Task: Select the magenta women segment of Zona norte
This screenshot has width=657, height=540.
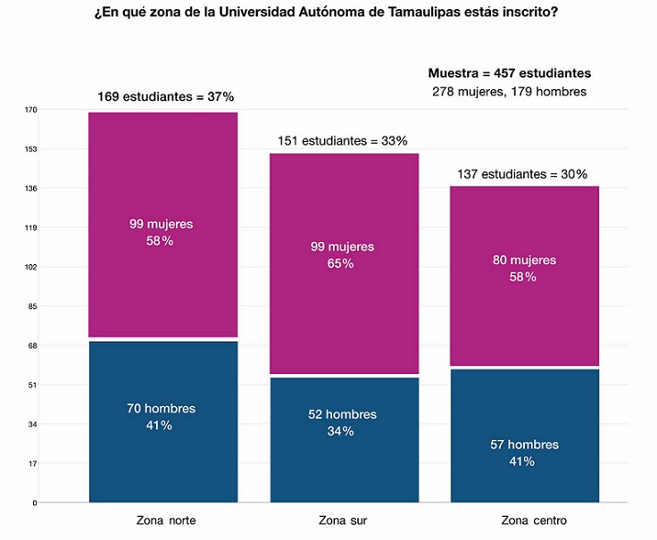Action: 163,183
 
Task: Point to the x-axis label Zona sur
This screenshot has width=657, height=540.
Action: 343,521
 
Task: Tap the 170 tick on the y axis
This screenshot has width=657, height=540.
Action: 30,110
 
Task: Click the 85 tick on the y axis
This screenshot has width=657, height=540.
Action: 32,306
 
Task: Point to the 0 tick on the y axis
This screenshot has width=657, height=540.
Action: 35,503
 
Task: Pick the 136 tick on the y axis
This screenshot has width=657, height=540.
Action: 30,189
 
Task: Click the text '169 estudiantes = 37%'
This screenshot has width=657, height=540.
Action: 166,96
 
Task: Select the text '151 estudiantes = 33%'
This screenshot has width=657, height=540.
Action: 342,141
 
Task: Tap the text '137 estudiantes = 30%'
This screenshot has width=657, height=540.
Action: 522,174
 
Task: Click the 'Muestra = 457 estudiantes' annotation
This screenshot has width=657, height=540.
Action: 509,73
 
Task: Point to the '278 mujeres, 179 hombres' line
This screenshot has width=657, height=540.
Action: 509,92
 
